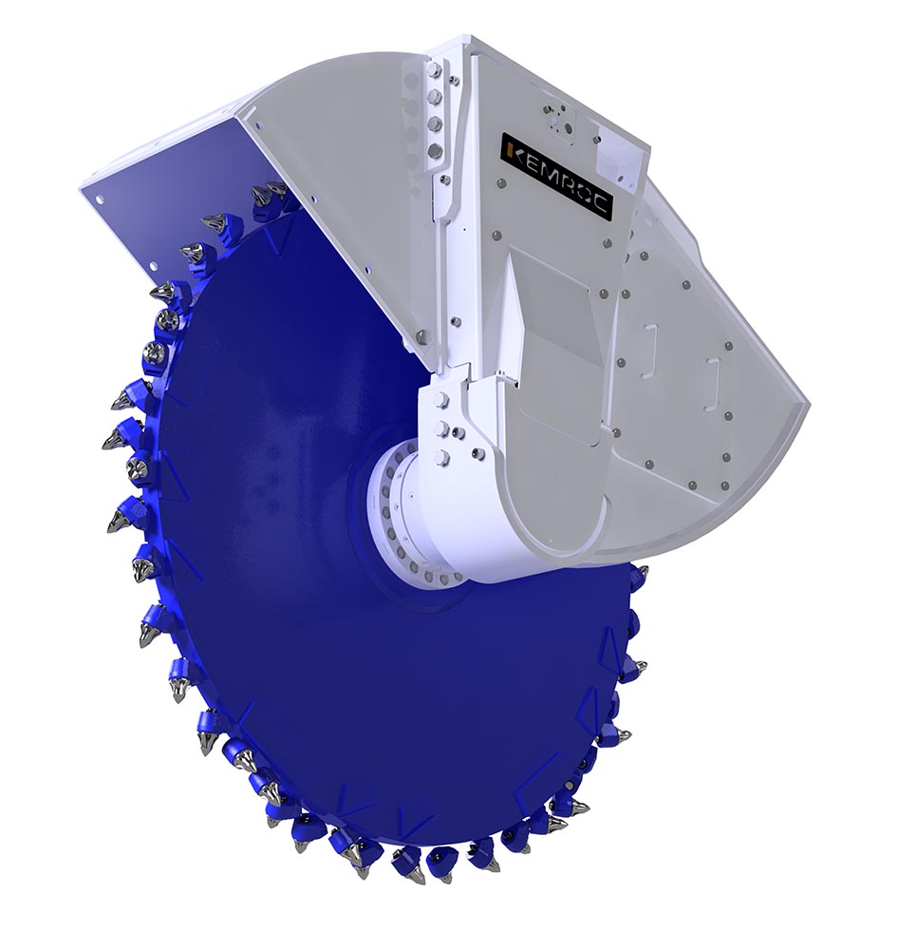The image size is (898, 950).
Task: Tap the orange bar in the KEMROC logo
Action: [x=511, y=150]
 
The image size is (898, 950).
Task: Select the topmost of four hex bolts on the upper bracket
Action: [x=432, y=70]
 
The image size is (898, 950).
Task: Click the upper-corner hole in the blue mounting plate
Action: [x=100, y=199]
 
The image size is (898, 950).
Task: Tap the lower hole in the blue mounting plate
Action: [x=153, y=266]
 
